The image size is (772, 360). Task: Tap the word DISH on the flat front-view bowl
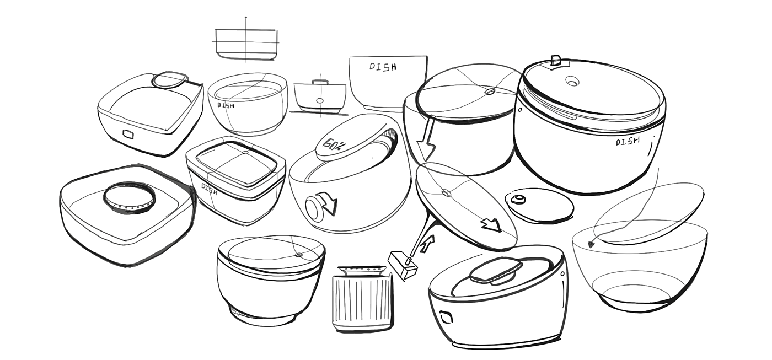[x=383, y=67]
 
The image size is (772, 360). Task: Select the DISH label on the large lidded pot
[x=628, y=141]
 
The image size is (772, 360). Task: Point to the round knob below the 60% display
[x=313, y=208]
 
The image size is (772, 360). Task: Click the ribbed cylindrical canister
[x=363, y=299]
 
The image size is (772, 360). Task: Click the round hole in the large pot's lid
[x=572, y=81]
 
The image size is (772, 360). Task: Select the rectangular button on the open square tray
[x=128, y=134]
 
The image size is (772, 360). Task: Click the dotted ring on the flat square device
[x=129, y=198]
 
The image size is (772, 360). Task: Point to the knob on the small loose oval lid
[x=518, y=199]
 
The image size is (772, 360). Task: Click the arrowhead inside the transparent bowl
[x=591, y=245]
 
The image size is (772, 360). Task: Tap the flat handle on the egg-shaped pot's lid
[x=496, y=272]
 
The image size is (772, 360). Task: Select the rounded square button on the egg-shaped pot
[x=446, y=318]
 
